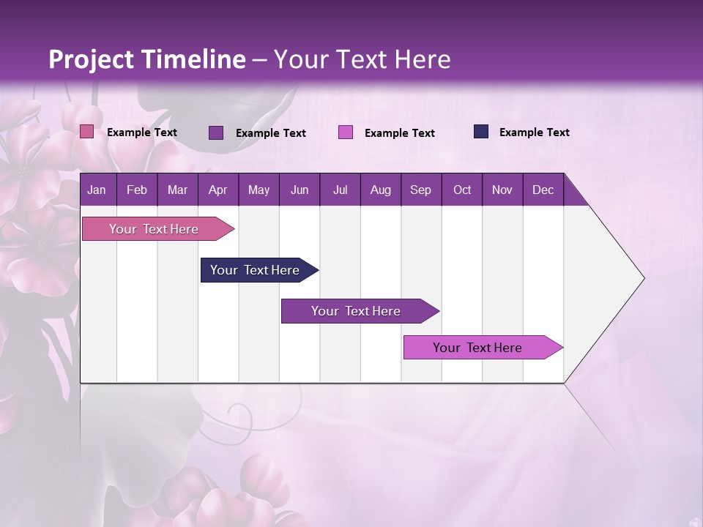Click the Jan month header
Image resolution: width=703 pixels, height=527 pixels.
click(97, 190)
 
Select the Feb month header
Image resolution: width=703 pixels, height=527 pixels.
click(137, 190)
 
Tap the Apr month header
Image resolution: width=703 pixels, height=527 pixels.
click(217, 190)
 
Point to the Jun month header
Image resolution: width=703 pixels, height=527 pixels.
click(300, 190)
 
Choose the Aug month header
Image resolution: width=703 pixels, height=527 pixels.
click(380, 190)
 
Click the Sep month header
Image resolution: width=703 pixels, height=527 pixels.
click(420, 190)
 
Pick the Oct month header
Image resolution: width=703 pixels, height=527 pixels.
click(462, 190)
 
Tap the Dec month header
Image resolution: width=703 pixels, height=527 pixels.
click(543, 190)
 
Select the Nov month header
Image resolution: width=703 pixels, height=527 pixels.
click(502, 190)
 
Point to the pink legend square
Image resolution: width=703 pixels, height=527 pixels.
click(87, 132)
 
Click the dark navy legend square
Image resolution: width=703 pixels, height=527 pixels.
click(481, 132)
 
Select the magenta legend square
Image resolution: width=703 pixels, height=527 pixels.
click(346, 132)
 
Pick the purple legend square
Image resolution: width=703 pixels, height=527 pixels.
click(216, 132)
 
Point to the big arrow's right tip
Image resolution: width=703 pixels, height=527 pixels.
click(642, 278)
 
